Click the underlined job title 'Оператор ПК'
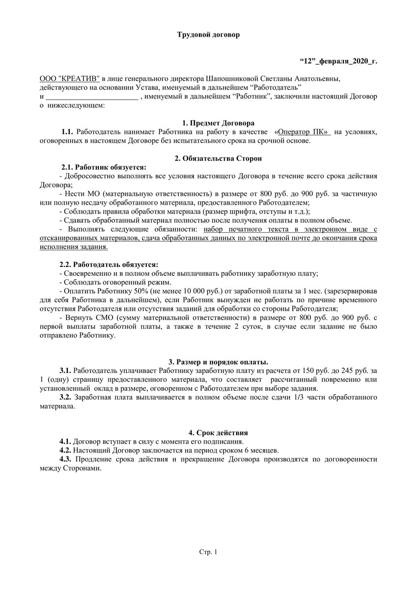pyautogui.click(x=303, y=132)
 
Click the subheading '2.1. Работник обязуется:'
pyautogui.click(x=103, y=167)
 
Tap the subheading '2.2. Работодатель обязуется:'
pyautogui.click(x=109, y=265)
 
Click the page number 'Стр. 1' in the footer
pyautogui.click(x=208, y=552)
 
